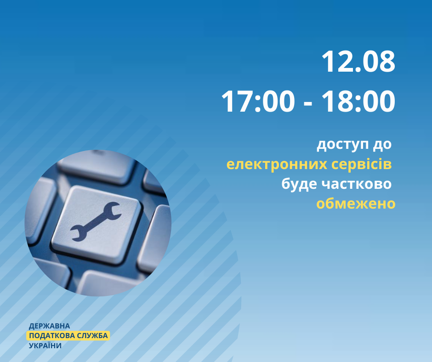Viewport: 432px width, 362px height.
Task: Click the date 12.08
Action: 358,62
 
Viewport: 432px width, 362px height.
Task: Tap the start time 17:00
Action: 258,102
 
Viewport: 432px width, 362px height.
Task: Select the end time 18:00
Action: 358,102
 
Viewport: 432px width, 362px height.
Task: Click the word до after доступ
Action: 382,144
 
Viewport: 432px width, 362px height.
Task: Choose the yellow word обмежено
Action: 356,204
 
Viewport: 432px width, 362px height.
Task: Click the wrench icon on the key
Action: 96,221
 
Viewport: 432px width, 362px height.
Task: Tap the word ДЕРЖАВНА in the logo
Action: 49,326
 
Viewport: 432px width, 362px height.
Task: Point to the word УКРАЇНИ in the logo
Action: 45,345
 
